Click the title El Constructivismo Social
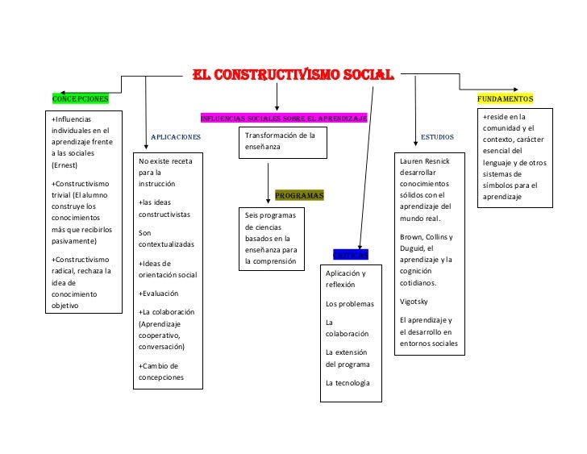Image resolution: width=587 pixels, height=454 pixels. tap(292, 76)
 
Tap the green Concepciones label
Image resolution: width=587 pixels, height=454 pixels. tap(80, 98)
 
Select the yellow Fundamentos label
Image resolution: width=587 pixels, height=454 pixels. tap(505, 98)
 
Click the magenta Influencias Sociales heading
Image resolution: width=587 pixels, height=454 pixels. tap(283, 119)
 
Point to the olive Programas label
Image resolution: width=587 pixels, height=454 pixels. tap(299, 195)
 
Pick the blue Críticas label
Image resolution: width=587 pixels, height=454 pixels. tap(351, 255)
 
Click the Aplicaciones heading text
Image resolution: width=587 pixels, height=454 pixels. tap(175, 137)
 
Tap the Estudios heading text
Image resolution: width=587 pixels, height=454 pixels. tap(437, 137)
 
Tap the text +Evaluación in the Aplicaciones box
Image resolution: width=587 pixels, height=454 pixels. tap(159, 294)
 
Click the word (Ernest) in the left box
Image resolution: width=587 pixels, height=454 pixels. tap(65, 165)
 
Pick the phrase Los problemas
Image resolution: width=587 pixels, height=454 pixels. tap(350, 304)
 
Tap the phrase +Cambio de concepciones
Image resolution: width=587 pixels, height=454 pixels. tap(161, 372)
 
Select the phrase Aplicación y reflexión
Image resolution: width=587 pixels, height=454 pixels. tap(346, 279)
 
